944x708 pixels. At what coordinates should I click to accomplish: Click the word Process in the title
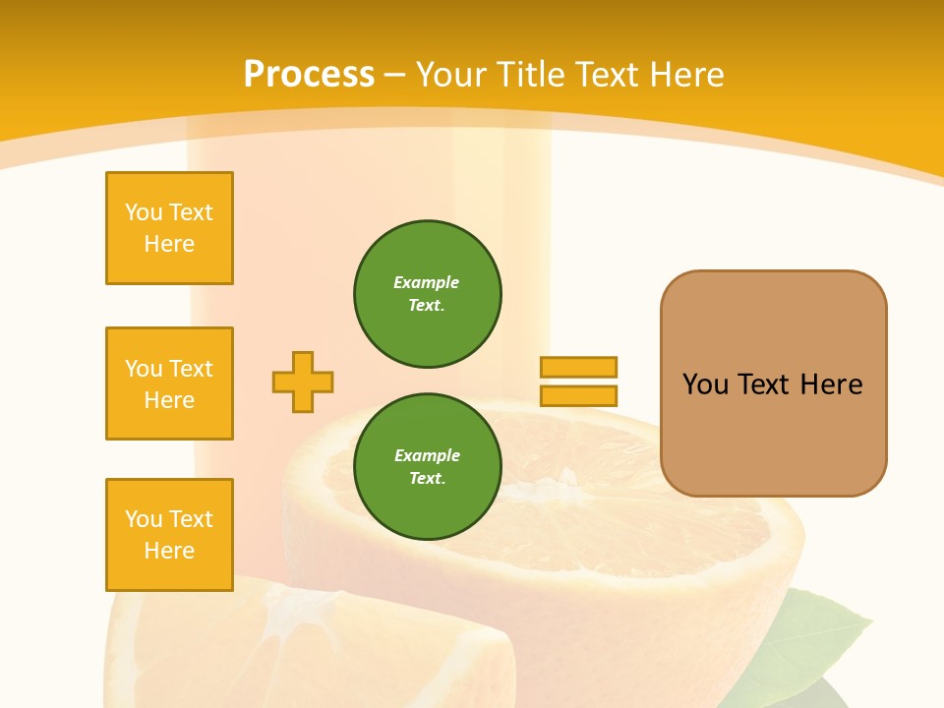[x=309, y=75]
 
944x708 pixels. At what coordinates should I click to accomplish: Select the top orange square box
[x=169, y=228]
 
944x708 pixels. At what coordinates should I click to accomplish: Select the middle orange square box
[x=169, y=383]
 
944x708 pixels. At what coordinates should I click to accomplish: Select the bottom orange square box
[x=169, y=535]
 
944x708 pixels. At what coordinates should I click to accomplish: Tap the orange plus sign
[x=303, y=382]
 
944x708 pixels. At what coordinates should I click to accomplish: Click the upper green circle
[x=428, y=294]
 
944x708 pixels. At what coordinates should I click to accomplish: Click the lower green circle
[x=428, y=467]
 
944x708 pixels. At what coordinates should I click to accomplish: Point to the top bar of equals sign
[x=578, y=367]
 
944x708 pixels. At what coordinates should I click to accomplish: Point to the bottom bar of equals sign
[x=578, y=396]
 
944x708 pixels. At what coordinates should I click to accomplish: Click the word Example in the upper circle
[x=427, y=282]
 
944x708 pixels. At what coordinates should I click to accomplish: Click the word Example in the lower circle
[x=427, y=455]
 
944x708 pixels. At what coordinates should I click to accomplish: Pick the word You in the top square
[x=144, y=212]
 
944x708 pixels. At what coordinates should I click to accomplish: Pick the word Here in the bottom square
[x=169, y=551]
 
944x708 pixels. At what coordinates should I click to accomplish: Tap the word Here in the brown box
[x=832, y=384]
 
